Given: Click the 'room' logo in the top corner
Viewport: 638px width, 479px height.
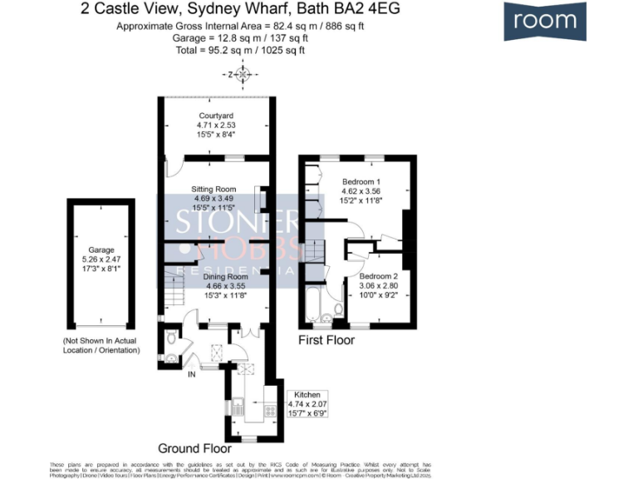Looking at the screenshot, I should click(544, 22).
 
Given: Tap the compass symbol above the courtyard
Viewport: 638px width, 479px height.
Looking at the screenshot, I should click(243, 76).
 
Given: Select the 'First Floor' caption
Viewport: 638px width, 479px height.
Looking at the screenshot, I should click(326, 340).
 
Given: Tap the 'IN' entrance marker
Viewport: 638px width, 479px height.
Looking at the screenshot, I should click(191, 374).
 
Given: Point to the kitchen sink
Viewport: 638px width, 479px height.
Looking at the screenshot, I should click(237, 407).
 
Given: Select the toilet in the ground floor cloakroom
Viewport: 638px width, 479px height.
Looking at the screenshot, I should click(169, 338).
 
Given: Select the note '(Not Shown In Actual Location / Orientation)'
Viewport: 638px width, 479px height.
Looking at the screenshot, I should click(101, 346).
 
